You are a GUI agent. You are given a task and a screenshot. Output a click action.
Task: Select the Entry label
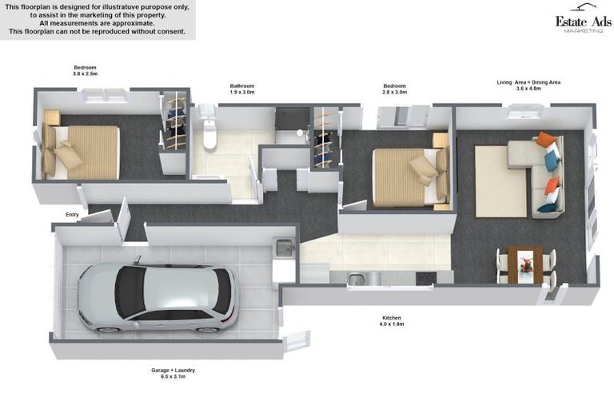[73, 214]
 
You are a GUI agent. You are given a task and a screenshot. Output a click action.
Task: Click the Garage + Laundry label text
[173, 371]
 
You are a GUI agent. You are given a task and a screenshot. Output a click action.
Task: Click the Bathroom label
[241, 85]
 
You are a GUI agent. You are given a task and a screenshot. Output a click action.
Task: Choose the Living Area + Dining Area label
[529, 81]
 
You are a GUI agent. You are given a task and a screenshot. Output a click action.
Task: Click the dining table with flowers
[525, 263]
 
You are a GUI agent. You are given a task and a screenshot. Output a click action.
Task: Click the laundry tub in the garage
[284, 250]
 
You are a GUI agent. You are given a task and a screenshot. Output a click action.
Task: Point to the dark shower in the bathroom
[292, 124]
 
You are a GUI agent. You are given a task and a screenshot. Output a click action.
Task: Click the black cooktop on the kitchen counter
[425, 278]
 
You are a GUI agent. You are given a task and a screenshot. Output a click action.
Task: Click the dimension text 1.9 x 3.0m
[241, 93]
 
